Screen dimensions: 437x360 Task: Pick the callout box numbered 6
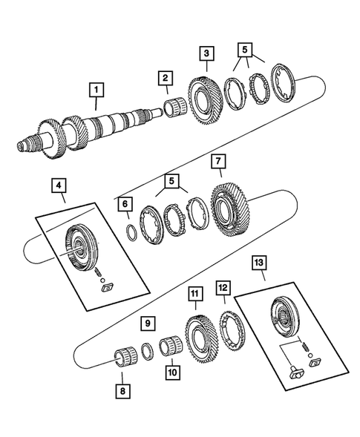[125, 204]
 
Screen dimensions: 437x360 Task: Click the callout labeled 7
[218, 161]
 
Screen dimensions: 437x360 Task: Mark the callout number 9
[148, 323]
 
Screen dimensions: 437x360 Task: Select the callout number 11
[195, 295]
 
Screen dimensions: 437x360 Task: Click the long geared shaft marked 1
[96, 126]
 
